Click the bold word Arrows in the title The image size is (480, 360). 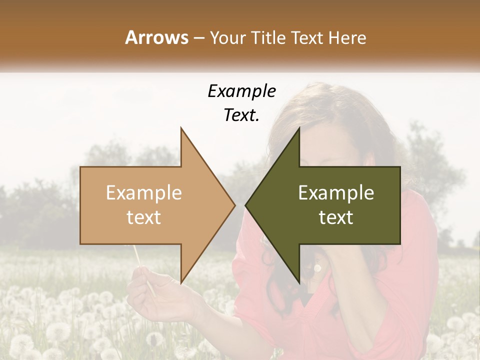click(156, 37)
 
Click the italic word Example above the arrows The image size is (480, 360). click(241, 91)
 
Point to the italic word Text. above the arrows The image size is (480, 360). click(241, 115)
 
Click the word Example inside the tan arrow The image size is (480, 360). click(143, 193)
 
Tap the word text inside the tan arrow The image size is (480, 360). click(143, 217)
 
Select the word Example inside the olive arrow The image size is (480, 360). click(336, 193)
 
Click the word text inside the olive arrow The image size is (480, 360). click(336, 217)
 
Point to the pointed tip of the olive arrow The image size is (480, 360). click(246, 205)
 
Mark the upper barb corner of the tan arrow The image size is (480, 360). click(181, 129)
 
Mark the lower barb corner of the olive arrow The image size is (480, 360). click(299, 282)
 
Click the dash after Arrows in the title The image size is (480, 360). click(198, 38)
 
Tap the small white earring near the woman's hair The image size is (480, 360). click(317, 269)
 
